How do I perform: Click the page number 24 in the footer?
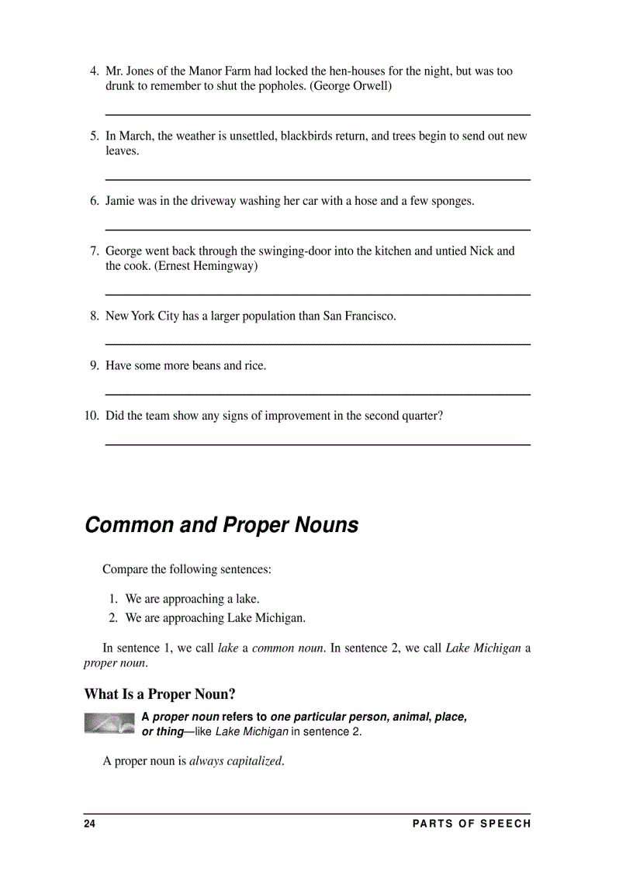coord(89,824)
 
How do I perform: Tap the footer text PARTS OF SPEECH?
coord(472,824)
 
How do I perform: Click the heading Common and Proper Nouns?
coord(221,525)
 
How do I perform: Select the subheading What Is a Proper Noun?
coord(160,693)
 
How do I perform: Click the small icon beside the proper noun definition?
coord(109,723)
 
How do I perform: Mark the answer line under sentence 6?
coord(317,230)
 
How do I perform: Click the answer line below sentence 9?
coord(317,395)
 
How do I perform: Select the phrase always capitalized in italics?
coord(236,761)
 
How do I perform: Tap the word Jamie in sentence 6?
coord(120,201)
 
